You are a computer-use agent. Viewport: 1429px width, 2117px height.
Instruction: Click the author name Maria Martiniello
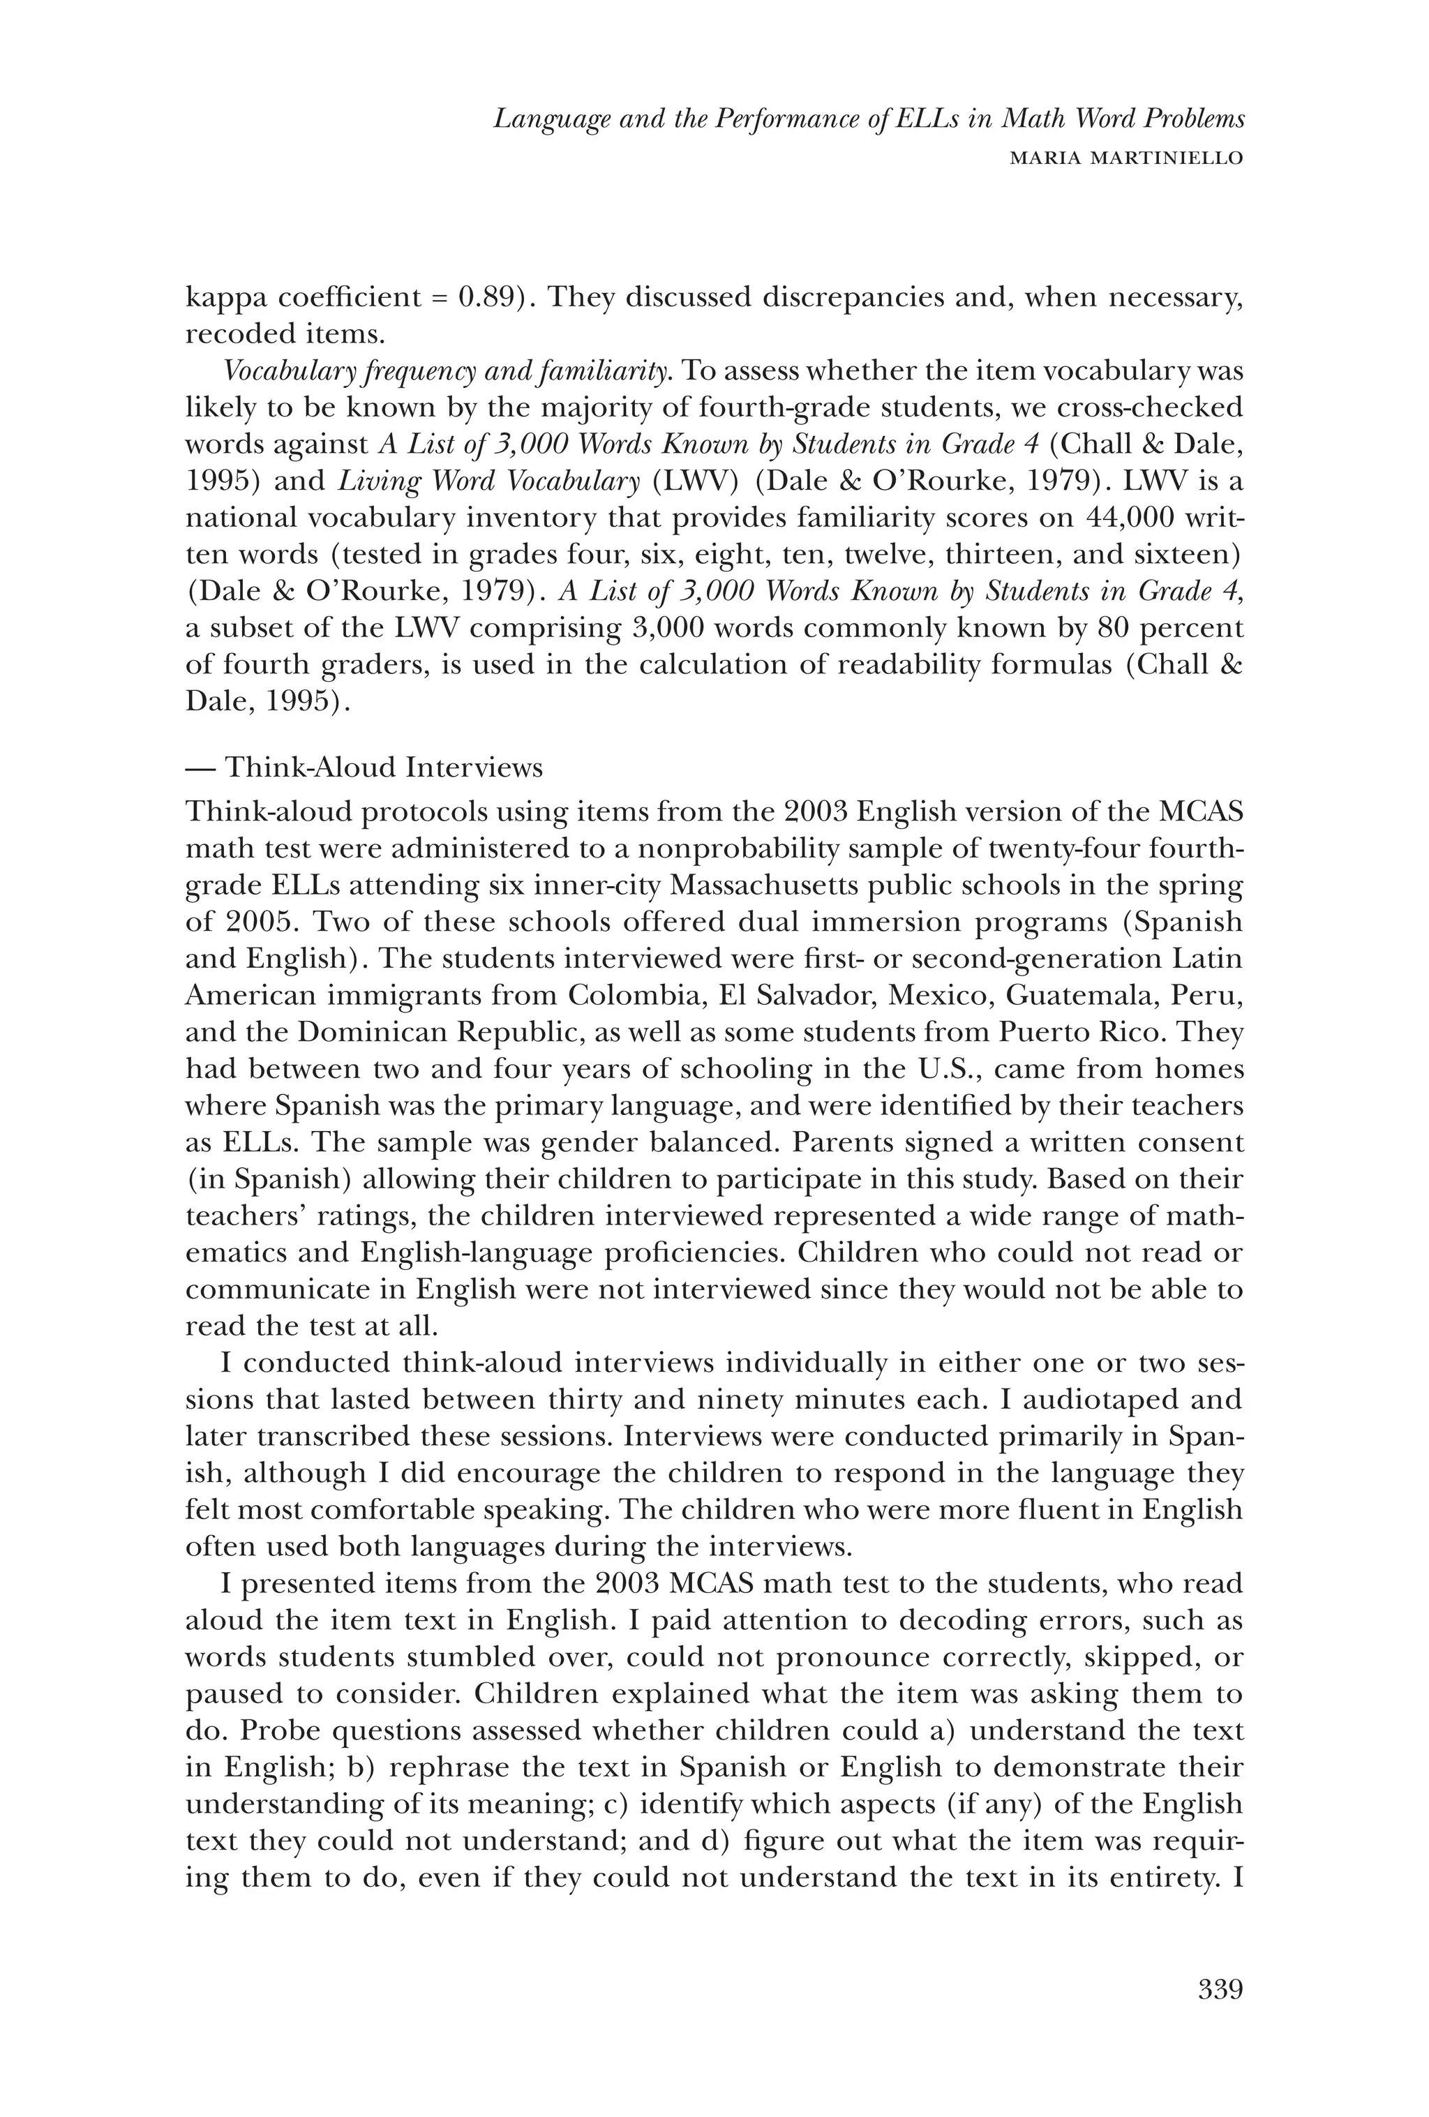tap(1128, 158)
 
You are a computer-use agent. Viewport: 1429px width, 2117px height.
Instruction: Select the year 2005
tap(241, 922)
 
